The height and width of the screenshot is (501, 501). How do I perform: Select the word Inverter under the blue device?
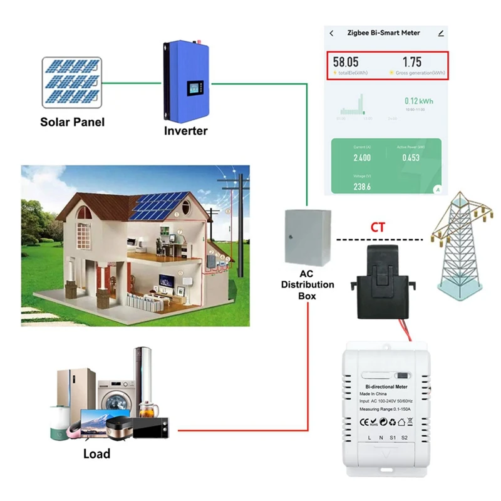pos(185,131)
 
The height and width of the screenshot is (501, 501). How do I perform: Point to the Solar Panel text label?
pos(72,122)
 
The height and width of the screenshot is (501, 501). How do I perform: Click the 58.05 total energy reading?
pos(346,62)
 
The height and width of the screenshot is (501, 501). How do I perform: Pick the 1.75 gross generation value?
pos(412,62)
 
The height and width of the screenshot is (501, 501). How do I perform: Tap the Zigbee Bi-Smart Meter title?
pos(384,33)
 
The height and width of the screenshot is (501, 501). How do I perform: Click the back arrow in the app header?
pos(332,33)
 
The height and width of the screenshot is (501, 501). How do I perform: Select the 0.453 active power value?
pos(411,158)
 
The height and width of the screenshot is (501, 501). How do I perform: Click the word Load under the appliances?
pos(96,453)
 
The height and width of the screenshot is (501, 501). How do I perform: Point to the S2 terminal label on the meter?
pos(405,436)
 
